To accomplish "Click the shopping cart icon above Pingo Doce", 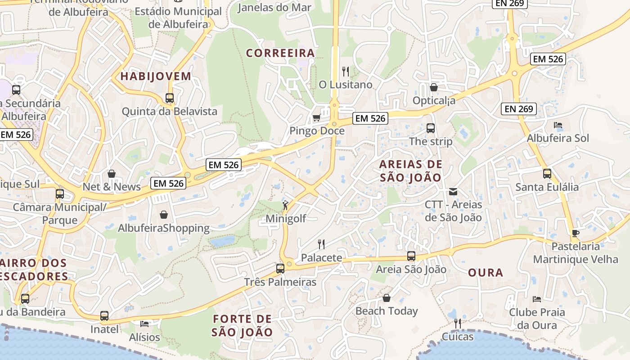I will [x=316, y=118].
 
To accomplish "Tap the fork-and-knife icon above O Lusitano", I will [x=346, y=71].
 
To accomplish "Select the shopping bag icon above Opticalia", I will [x=434, y=87].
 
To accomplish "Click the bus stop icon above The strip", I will [x=431, y=128].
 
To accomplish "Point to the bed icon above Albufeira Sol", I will [x=558, y=125].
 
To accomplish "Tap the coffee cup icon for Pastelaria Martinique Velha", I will [x=575, y=233].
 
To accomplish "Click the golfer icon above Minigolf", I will [x=285, y=205].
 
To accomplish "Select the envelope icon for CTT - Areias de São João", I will [x=453, y=192].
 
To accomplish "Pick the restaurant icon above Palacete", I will [x=321, y=244].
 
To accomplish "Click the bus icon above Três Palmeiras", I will [x=280, y=269].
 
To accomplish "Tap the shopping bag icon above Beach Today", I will [x=387, y=298].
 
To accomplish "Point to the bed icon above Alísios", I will [x=144, y=324].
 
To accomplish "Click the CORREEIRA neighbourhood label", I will [x=280, y=53].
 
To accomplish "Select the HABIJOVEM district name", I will [x=156, y=76].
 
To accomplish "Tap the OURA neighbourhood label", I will [x=486, y=273].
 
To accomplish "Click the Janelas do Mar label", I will [x=274, y=7].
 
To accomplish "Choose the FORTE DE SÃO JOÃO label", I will [x=243, y=326].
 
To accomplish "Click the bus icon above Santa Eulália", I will [x=547, y=174].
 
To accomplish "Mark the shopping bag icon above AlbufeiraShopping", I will [x=164, y=215].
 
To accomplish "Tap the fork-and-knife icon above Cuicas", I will [x=458, y=323].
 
